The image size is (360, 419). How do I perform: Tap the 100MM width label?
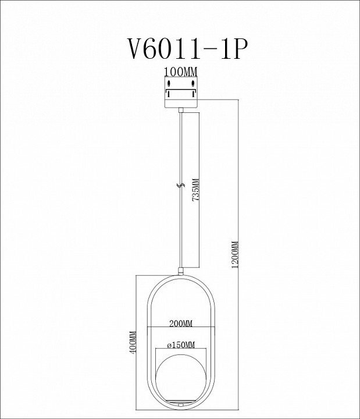180,72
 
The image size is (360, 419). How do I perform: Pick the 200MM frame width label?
180,322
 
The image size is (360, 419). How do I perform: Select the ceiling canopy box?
180,93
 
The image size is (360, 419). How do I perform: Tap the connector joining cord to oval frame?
181,270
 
